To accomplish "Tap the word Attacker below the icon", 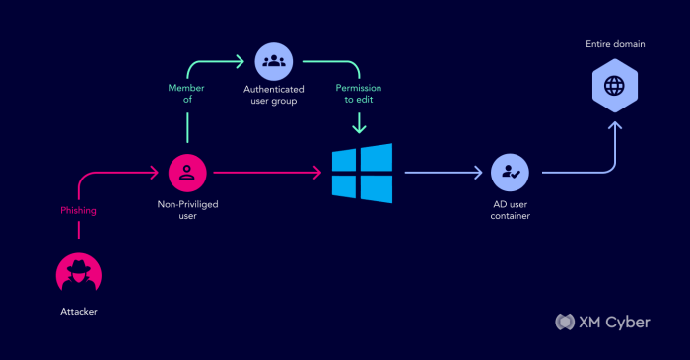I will pyautogui.click(x=78, y=311).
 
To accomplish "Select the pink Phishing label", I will pyautogui.click(x=78, y=211).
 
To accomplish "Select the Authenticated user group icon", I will pyautogui.click(x=273, y=61).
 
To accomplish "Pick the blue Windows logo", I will pyautogui.click(x=361, y=174).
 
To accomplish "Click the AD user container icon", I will pyautogui.click(x=510, y=174).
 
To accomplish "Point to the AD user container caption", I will pyautogui.click(x=510, y=210).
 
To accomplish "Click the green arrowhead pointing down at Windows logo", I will pyautogui.click(x=361, y=129).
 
